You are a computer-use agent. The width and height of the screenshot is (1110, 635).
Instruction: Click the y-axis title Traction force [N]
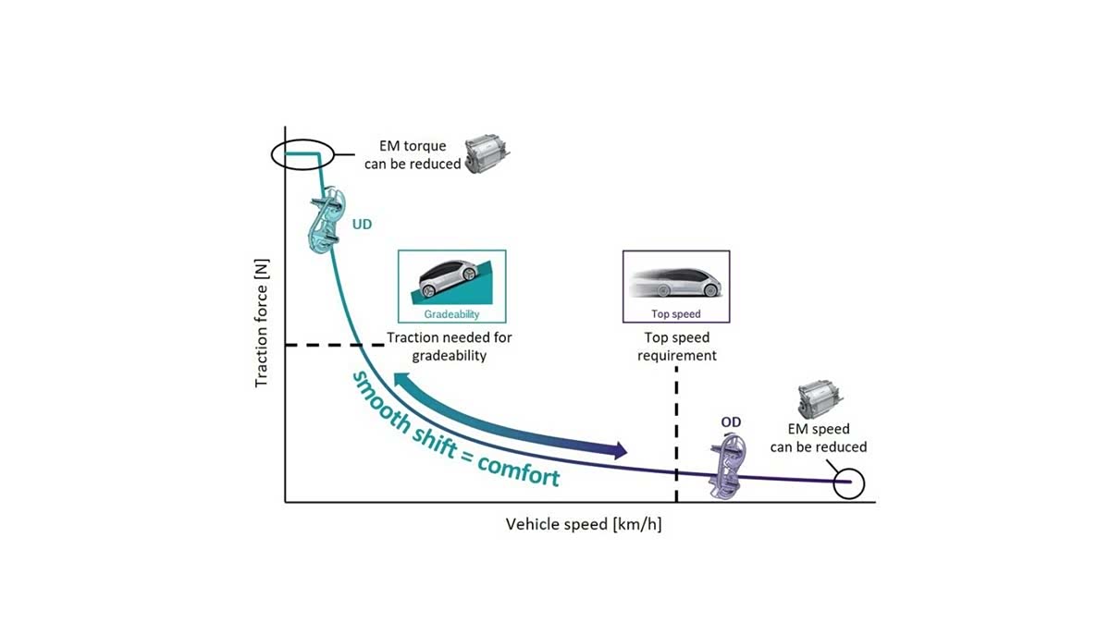click(263, 322)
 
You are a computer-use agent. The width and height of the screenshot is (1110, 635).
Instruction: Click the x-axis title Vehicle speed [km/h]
click(584, 524)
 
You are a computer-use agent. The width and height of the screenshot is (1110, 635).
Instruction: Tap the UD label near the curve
click(361, 224)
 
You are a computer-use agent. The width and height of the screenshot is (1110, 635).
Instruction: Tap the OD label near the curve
click(731, 422)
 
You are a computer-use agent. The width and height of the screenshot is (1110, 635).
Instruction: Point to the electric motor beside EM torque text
click(487, 155)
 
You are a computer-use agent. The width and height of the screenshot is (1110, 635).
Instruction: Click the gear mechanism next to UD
click(324, 223)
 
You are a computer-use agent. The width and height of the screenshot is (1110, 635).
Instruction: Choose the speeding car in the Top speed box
click(676, 280)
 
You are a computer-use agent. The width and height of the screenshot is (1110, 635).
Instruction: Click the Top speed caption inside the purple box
click(676, 314)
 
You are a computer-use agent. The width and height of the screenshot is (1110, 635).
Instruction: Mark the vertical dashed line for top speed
click(676, 434)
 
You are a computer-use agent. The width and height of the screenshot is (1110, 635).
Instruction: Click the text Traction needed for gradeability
click(450, 346)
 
